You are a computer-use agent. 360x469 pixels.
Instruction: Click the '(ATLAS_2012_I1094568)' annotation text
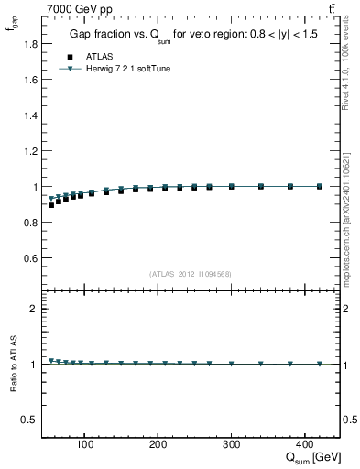[x=190, y=274]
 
